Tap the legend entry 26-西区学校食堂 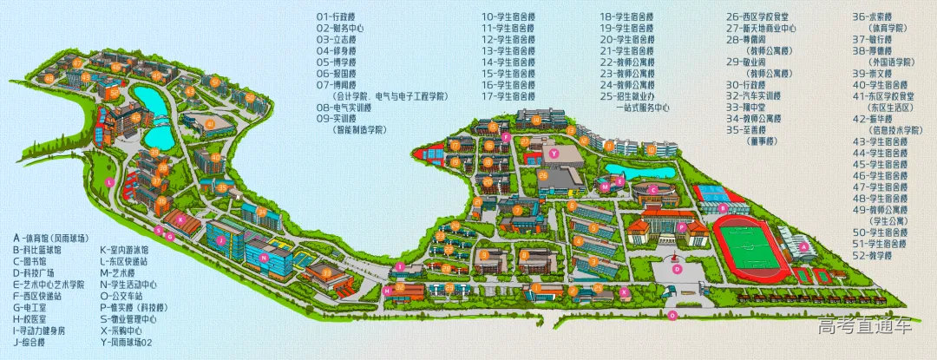point(757,16)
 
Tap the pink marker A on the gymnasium point(803,246)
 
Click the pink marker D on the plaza point(678,269)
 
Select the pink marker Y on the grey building point(552,154)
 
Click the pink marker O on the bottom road point(672,317)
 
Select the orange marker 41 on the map point(209,124)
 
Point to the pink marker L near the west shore point(110,181)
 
